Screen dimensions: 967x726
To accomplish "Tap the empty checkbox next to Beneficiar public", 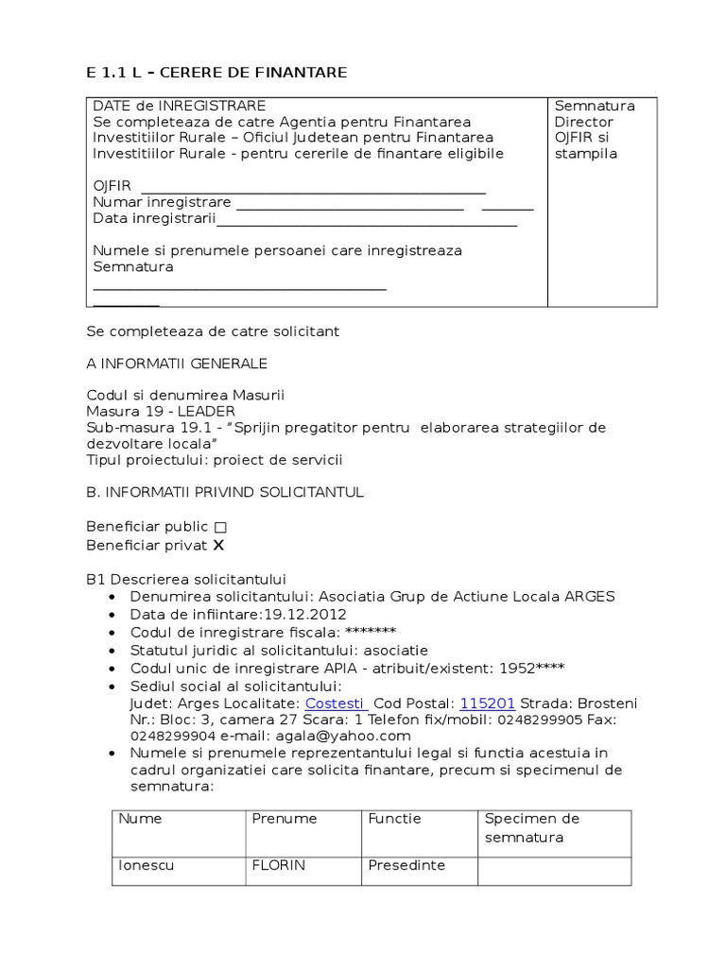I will click(x=220, y=527).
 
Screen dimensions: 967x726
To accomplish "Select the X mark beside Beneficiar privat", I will click(x=218, y=546).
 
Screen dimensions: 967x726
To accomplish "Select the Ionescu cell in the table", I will click(x=147, y=865).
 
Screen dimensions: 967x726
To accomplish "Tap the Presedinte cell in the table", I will click(x=406, y=865).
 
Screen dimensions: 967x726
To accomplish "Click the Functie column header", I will click(x=395, y=819).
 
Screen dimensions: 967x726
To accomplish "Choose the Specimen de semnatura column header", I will click(x=531, y=827).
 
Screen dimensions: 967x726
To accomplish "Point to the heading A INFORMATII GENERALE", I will click(x=177, y=364).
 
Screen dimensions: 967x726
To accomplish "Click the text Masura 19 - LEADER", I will click(x=161, y=411).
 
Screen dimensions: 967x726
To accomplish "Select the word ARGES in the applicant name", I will click(x=589, y=597).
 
